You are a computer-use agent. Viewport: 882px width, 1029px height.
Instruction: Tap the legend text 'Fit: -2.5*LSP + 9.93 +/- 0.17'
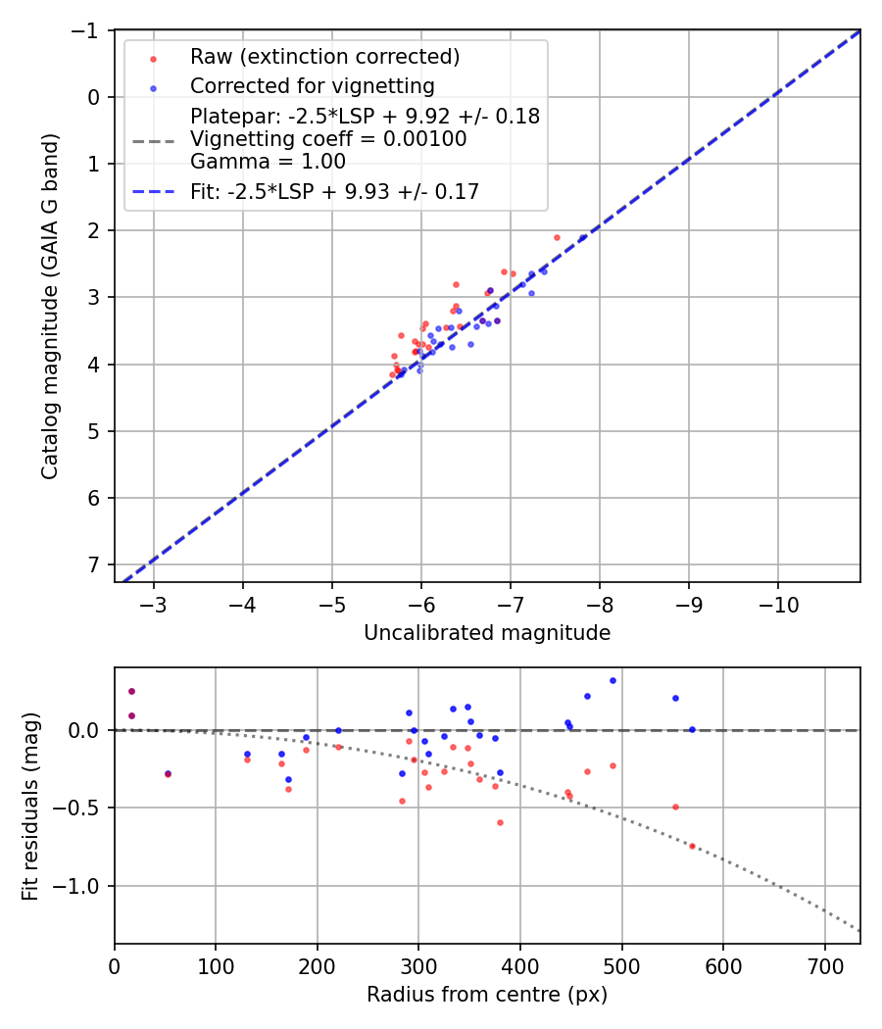(334, 192)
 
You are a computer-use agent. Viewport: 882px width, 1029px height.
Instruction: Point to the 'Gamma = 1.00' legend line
(268, 162)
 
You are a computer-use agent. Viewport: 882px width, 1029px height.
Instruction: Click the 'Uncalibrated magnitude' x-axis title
(487, 633)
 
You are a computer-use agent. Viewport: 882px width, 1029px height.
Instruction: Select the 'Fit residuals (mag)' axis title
(30, 805)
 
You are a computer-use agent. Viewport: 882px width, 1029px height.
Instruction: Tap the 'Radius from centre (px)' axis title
(487, 995)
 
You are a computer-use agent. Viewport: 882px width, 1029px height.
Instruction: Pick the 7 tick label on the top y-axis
(94, 564)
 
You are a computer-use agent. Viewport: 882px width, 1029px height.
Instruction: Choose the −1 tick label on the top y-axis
(88, 30)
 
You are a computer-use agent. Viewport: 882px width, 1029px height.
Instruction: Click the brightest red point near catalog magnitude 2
(557, 237)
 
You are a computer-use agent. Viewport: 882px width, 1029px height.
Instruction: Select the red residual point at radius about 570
(692, 846)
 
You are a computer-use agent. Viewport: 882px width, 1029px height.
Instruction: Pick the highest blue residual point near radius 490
(612, 680)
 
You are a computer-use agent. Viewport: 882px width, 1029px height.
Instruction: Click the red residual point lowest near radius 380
(500, 822)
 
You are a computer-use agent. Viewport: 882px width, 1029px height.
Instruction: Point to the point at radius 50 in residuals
(168, 774)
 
